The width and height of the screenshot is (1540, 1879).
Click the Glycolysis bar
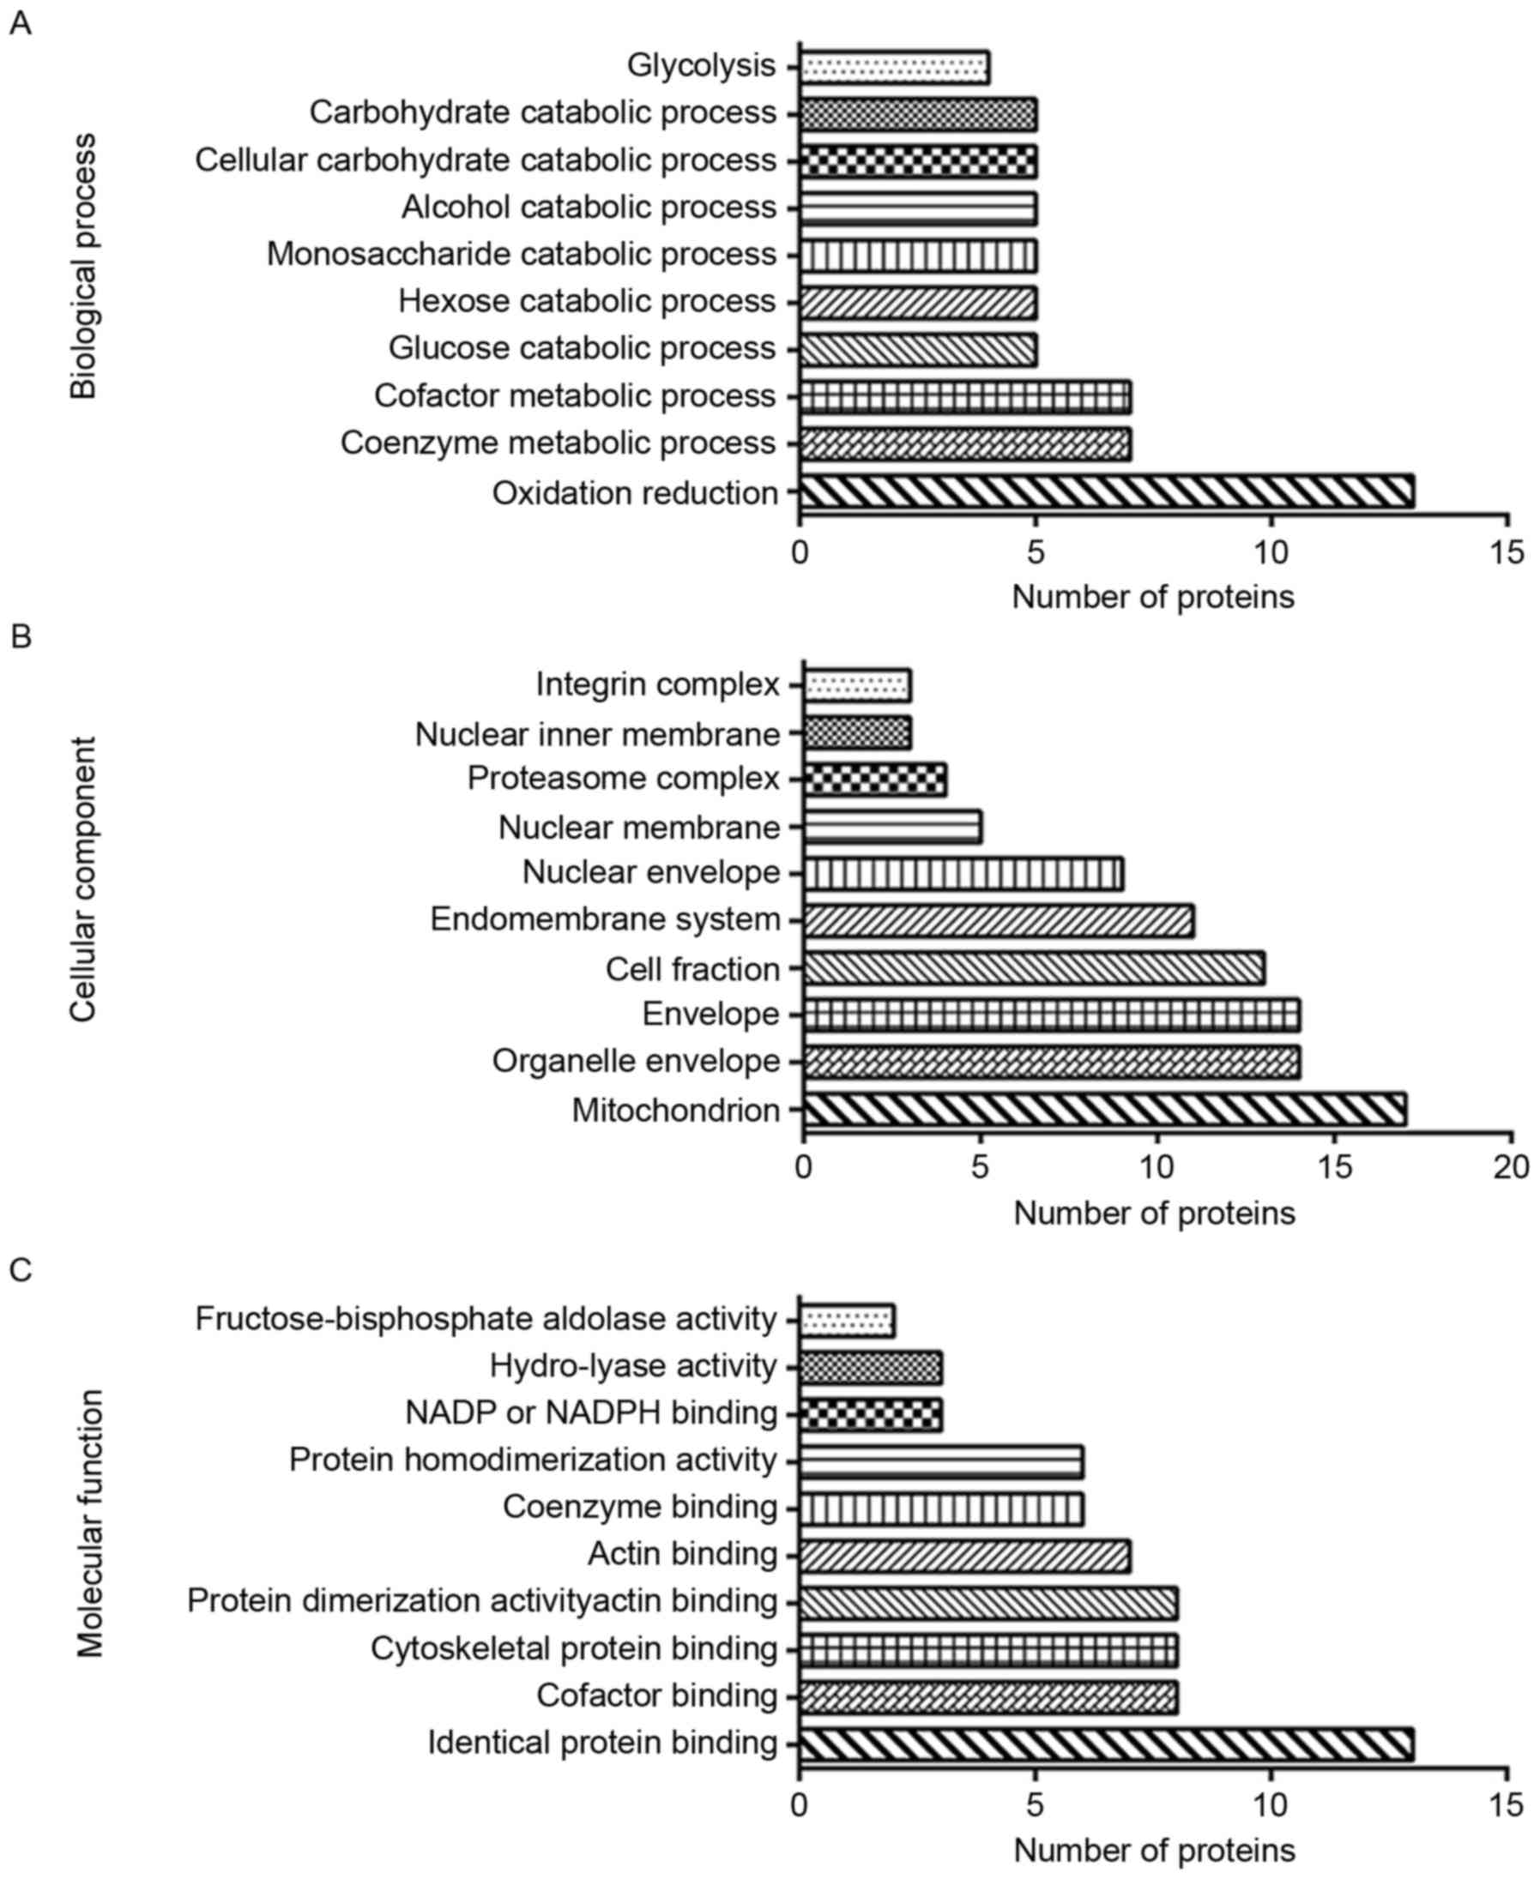894,68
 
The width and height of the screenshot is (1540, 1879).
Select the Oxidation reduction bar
1106,492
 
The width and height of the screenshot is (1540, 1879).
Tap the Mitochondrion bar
1104,1111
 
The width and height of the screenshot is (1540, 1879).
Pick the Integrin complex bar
857,685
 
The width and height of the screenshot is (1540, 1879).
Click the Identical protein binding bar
1106,1743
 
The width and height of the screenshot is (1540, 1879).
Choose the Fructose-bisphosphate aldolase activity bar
847,1320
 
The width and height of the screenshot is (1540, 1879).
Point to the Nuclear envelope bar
963,873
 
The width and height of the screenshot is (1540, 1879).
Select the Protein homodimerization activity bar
941,1460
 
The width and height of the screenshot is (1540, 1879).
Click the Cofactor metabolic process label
575,395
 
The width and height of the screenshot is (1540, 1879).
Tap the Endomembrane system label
605,919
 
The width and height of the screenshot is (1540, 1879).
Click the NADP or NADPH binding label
591,1412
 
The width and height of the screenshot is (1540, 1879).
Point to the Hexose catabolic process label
586,302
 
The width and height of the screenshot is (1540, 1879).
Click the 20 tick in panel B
1511,1168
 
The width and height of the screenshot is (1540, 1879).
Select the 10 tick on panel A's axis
1271,551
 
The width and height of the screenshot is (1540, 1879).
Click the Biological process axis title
83,266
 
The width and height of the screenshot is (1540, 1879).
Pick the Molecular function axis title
88,1523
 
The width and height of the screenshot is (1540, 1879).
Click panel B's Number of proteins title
1154,1212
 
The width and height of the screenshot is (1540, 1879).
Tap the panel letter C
20,1270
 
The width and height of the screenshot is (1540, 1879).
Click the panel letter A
20,24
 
